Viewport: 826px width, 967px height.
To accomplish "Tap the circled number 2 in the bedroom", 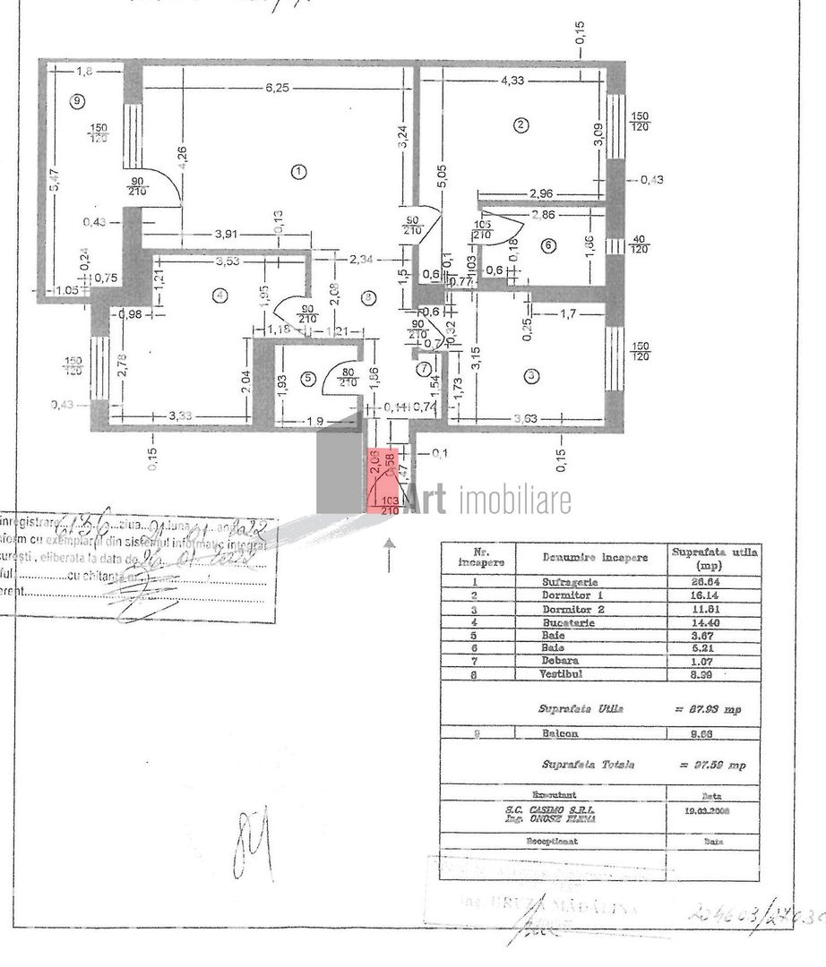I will pyautogui.click(x=521, y=124).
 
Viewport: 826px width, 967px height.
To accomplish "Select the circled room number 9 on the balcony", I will pyautogui.click(x=78, y=101).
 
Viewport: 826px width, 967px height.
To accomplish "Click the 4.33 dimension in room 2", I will pyautogui.click(x=512, y=81).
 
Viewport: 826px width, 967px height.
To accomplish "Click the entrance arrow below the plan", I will pyautogui.click(x=389, y=554).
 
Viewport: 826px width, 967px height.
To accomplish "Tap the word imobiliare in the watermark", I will pyautogui.click(x=514, y=501).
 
